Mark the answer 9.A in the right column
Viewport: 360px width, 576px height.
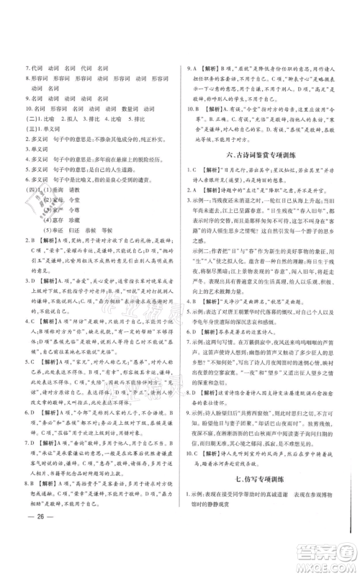(x=192, y=68)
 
